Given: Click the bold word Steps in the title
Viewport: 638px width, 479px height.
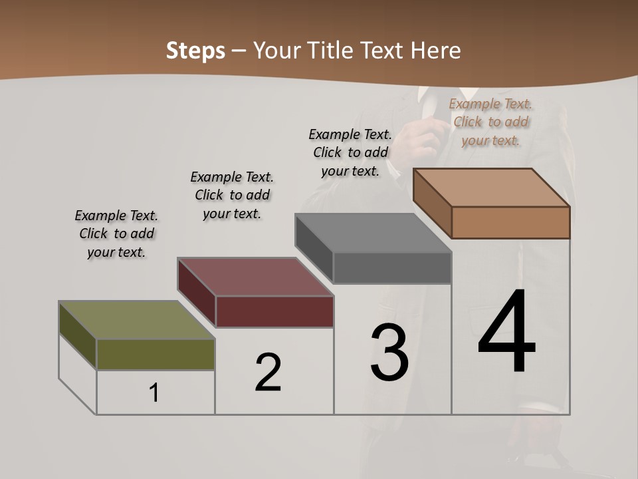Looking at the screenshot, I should pyautogui.click(x=195, y=51).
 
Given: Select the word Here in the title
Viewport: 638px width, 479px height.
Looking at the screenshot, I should pyautogui.click(x=435, y=51).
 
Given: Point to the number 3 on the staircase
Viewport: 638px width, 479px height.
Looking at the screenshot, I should pyautogui.click(x=389, y=353).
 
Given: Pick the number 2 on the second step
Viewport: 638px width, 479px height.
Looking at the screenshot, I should pyautogui.click(x=268, y=373).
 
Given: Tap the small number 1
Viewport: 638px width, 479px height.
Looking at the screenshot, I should pyautogui.click(x=154, y=393).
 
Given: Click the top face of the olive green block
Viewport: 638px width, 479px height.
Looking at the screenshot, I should pyautogui.click(x=136, y=320).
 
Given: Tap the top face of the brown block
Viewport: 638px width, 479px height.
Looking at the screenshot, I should pyautogui.click(x=491, y=188).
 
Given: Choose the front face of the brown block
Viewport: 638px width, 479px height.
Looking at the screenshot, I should pyautogui.click(x=510, y=222).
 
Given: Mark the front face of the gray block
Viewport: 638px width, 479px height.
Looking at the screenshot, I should pyautogui.click(x=392, y=268).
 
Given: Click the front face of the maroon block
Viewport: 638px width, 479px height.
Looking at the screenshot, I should pyautogui.click(x=274, y=311).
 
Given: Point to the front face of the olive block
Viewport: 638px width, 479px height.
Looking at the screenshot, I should pyautogui.click(x=156, y=355).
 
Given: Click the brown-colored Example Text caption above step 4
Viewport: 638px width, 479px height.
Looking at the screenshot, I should pyautogui.click(x=490, y=122).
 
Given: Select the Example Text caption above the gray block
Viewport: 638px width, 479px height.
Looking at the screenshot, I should pyautogui.click(x=350, y=152).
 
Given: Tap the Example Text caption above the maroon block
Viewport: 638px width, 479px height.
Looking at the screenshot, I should pyautogui.click(x=232, y=195).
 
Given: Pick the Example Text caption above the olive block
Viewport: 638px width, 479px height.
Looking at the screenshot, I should pyautogui.click(x=116, y=234).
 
